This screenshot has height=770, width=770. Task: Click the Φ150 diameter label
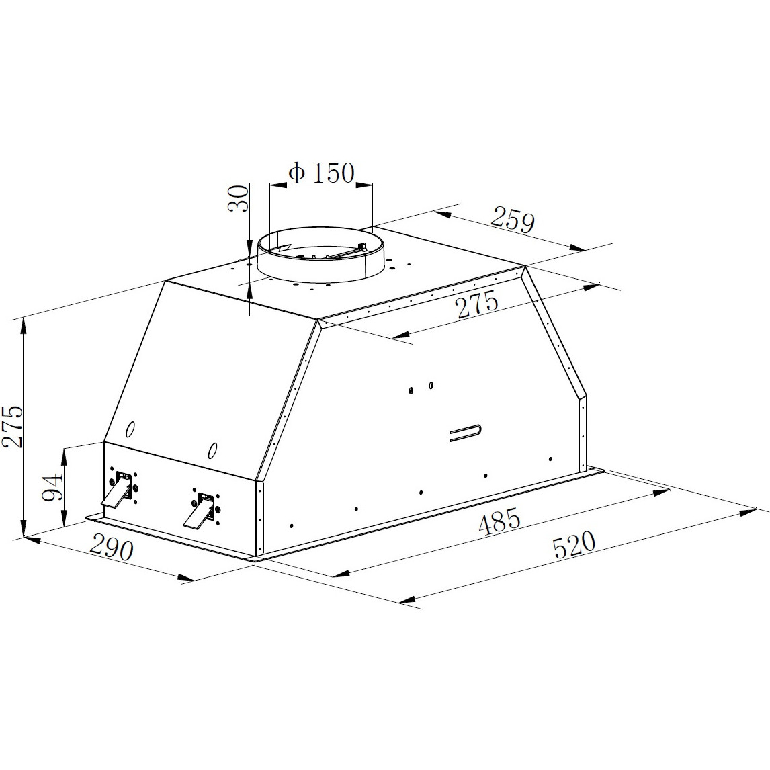click(x=321, y=173)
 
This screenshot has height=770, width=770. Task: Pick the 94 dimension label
click(x=52, y=486)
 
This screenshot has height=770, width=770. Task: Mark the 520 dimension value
click(x=574, y=545)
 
